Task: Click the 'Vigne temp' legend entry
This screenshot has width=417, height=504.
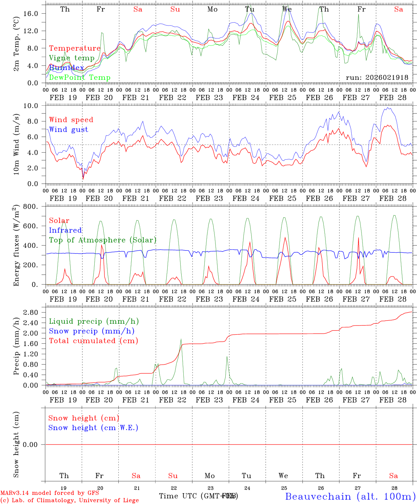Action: pyautogui.click(x=72, y=58)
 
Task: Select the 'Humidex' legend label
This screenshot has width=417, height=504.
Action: pyautogui.click(x=66, y=68)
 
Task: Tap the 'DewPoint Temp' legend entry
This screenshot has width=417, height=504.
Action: pyautogui.click(x=80, y=78)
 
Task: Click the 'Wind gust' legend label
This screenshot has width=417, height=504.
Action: pyautogui.click(x=68, y=129)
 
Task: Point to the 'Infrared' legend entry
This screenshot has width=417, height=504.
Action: pyautogui.click(x=65, y=230)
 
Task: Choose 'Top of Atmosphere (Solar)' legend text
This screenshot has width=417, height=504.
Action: pyautogui.click(x=103, y=240)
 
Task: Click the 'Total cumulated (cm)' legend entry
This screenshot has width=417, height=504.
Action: pyautogui.click(x=94, y=341)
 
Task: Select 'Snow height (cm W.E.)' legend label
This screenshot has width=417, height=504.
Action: pyautogui.click(x=93, y=428)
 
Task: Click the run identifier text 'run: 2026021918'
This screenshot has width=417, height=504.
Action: pyautogui.click(x=377, y=78)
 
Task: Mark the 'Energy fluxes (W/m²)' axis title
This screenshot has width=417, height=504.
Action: pyautogui.click(x=16, y=246)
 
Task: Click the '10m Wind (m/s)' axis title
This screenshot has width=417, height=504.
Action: pyautogui.click(x=16, y=145)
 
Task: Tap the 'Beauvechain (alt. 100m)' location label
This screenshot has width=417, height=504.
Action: pyautogui.click(x=350, y=496)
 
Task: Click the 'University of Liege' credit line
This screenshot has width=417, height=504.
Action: pyautogui.click(x=69, y=500)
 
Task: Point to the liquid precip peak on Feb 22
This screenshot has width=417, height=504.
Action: pyautogui.click(x=181, y=339)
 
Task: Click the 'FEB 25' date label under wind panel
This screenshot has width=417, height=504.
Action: pyautogui.click(x=283, y=198)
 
